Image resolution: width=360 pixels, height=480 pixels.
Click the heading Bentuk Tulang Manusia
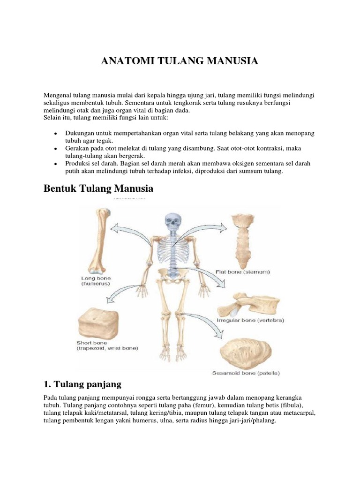pos(98,188)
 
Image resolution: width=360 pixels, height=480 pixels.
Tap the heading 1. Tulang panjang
pos(82,384)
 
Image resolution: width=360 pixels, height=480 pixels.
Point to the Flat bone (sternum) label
pos(242,271)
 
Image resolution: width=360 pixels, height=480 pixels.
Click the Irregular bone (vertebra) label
pos(250,321)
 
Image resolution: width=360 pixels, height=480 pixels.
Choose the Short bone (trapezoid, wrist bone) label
pos(107,345)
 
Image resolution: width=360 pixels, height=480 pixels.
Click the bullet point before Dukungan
pos(56,133)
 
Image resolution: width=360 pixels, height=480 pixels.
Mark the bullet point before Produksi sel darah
pos(56,164)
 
